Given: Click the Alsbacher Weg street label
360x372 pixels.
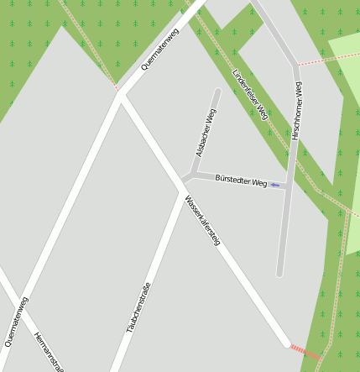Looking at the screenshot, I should tap(206, 134).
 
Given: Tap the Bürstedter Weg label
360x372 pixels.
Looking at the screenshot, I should tap(240, 181).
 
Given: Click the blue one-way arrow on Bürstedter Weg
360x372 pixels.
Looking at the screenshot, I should tap(274, 185).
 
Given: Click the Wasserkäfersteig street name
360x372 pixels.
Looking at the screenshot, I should tap(202, 219).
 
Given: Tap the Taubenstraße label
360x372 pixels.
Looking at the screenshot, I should tap(138, 307).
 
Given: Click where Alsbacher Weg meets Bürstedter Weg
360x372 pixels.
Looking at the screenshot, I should tap(194, 174).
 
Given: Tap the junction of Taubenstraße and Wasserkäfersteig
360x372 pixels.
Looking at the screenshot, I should tap(182, 183).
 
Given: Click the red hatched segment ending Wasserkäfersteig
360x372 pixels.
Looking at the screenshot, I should tap(305, 353).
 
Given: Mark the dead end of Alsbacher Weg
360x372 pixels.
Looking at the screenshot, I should tap(217, 92).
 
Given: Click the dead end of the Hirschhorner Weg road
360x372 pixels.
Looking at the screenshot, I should tap(279, 273).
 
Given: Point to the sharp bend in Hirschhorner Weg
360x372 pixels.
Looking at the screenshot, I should tap(295, 65).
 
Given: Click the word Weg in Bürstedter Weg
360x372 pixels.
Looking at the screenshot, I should tap(258, 182).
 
